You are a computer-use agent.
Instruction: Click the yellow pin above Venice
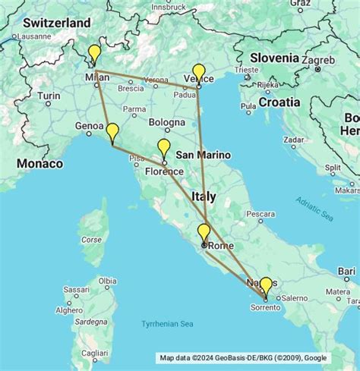tap(199, 73)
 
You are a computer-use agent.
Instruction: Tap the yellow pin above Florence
tap(164, 147)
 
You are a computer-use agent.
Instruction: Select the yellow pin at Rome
tap(204, 232)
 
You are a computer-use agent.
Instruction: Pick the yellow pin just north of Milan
tap(94, 54)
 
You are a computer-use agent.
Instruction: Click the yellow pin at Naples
tap(265, 285)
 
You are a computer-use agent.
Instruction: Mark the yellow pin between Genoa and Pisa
tap(112, 132)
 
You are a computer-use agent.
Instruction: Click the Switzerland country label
tap(56, 23)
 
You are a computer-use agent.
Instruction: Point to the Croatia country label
tap(279, 101)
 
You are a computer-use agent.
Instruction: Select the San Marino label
tap(203, 155)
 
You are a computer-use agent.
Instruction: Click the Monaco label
tap(39, 163)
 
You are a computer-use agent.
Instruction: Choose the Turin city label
tap(49, 96)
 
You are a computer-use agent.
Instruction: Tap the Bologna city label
tap(166, 121)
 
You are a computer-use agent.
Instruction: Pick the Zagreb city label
tap(314, 57)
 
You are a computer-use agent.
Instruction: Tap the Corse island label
tap(91, 240)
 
